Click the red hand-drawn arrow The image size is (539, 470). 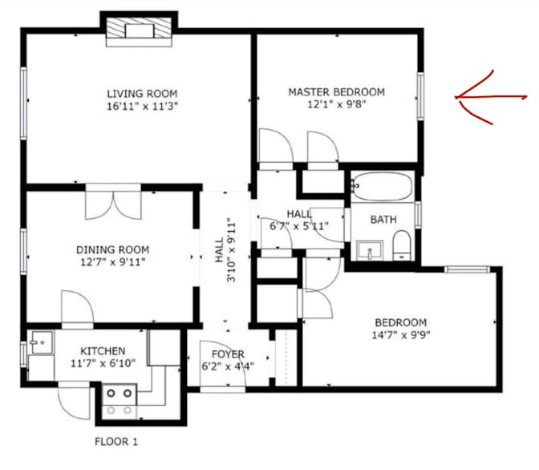click(493, 98)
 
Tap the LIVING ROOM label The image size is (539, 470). click(143, 93)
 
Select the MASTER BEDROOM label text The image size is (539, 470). click(336, 92)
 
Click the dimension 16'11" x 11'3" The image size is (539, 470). click(143, 106)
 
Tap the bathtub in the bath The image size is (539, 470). click(382, 188)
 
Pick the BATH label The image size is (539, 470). click(383, 219)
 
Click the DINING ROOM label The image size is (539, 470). click(112, 249)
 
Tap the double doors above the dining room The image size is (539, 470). click(114, 201)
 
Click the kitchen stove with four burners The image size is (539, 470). click(120, 401)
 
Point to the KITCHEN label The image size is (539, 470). click(102, 351)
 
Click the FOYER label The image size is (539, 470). click(228, 355)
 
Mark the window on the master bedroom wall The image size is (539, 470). click(419, 97)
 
